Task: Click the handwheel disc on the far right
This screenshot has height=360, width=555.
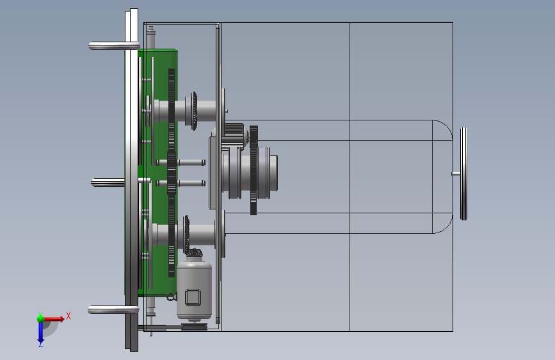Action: (x=463, y=174)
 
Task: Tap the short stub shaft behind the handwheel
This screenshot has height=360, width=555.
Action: (x=456, y=174)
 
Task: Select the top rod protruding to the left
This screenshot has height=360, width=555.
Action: (x=114, y=45)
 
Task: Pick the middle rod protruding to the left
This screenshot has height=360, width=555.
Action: (x=108, y=183)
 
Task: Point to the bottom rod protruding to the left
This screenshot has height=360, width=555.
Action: (x=113, y=310)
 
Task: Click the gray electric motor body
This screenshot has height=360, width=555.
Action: (x=194, y=289)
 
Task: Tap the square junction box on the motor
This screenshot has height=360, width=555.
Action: (x=193, y=297)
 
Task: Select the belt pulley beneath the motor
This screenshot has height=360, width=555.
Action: (x=195, y=326)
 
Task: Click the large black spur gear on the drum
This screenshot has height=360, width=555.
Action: (x=253, y=170)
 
